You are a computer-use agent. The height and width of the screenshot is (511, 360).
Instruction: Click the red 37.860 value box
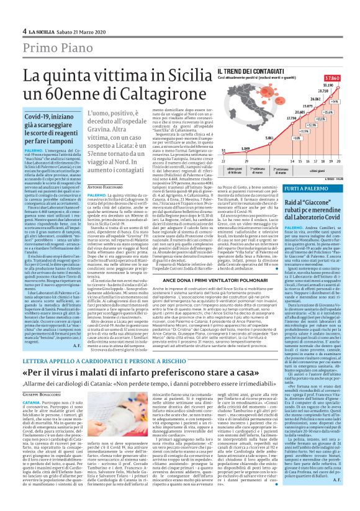pyautogui.click(x=344, y=78)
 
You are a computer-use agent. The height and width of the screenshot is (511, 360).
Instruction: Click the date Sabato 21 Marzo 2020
pyautogui.click(x=75, y=31)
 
